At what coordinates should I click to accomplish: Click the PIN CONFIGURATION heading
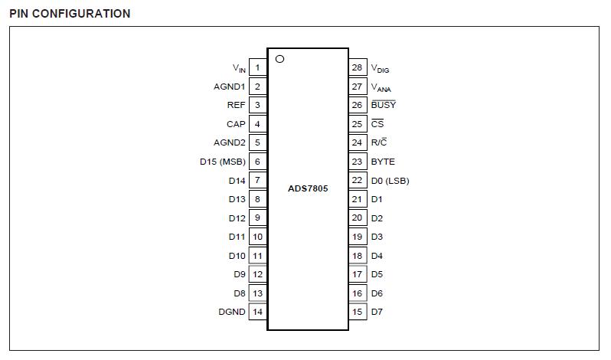coord(70,14)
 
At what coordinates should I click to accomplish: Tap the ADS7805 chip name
coord(308,188)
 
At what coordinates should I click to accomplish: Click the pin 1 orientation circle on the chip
coord(279,59)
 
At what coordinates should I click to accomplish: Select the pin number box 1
coord(257,68)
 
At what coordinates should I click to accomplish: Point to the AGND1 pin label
coord(229,87)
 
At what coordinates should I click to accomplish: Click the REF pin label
coord(236,105)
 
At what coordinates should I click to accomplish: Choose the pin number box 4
coord(257,124)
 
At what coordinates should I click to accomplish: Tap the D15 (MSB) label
coord(221,162)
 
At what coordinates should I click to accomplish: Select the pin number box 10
coord(257,237)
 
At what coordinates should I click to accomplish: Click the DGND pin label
coord(231,312)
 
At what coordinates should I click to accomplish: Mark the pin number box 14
coord(257,312)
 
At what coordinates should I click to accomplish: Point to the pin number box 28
coord(358,67)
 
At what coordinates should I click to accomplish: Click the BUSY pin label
coord(384,105)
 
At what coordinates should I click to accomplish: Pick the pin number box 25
coord(358,124)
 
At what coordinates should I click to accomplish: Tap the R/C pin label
coord(379,142)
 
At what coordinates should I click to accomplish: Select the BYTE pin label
coord(383,162)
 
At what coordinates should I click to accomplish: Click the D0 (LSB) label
coord(390,181)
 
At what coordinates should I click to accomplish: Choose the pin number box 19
coord(358,237)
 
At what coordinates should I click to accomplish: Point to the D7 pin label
coord(377,312)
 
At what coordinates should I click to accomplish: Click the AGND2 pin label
coord(229,142)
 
